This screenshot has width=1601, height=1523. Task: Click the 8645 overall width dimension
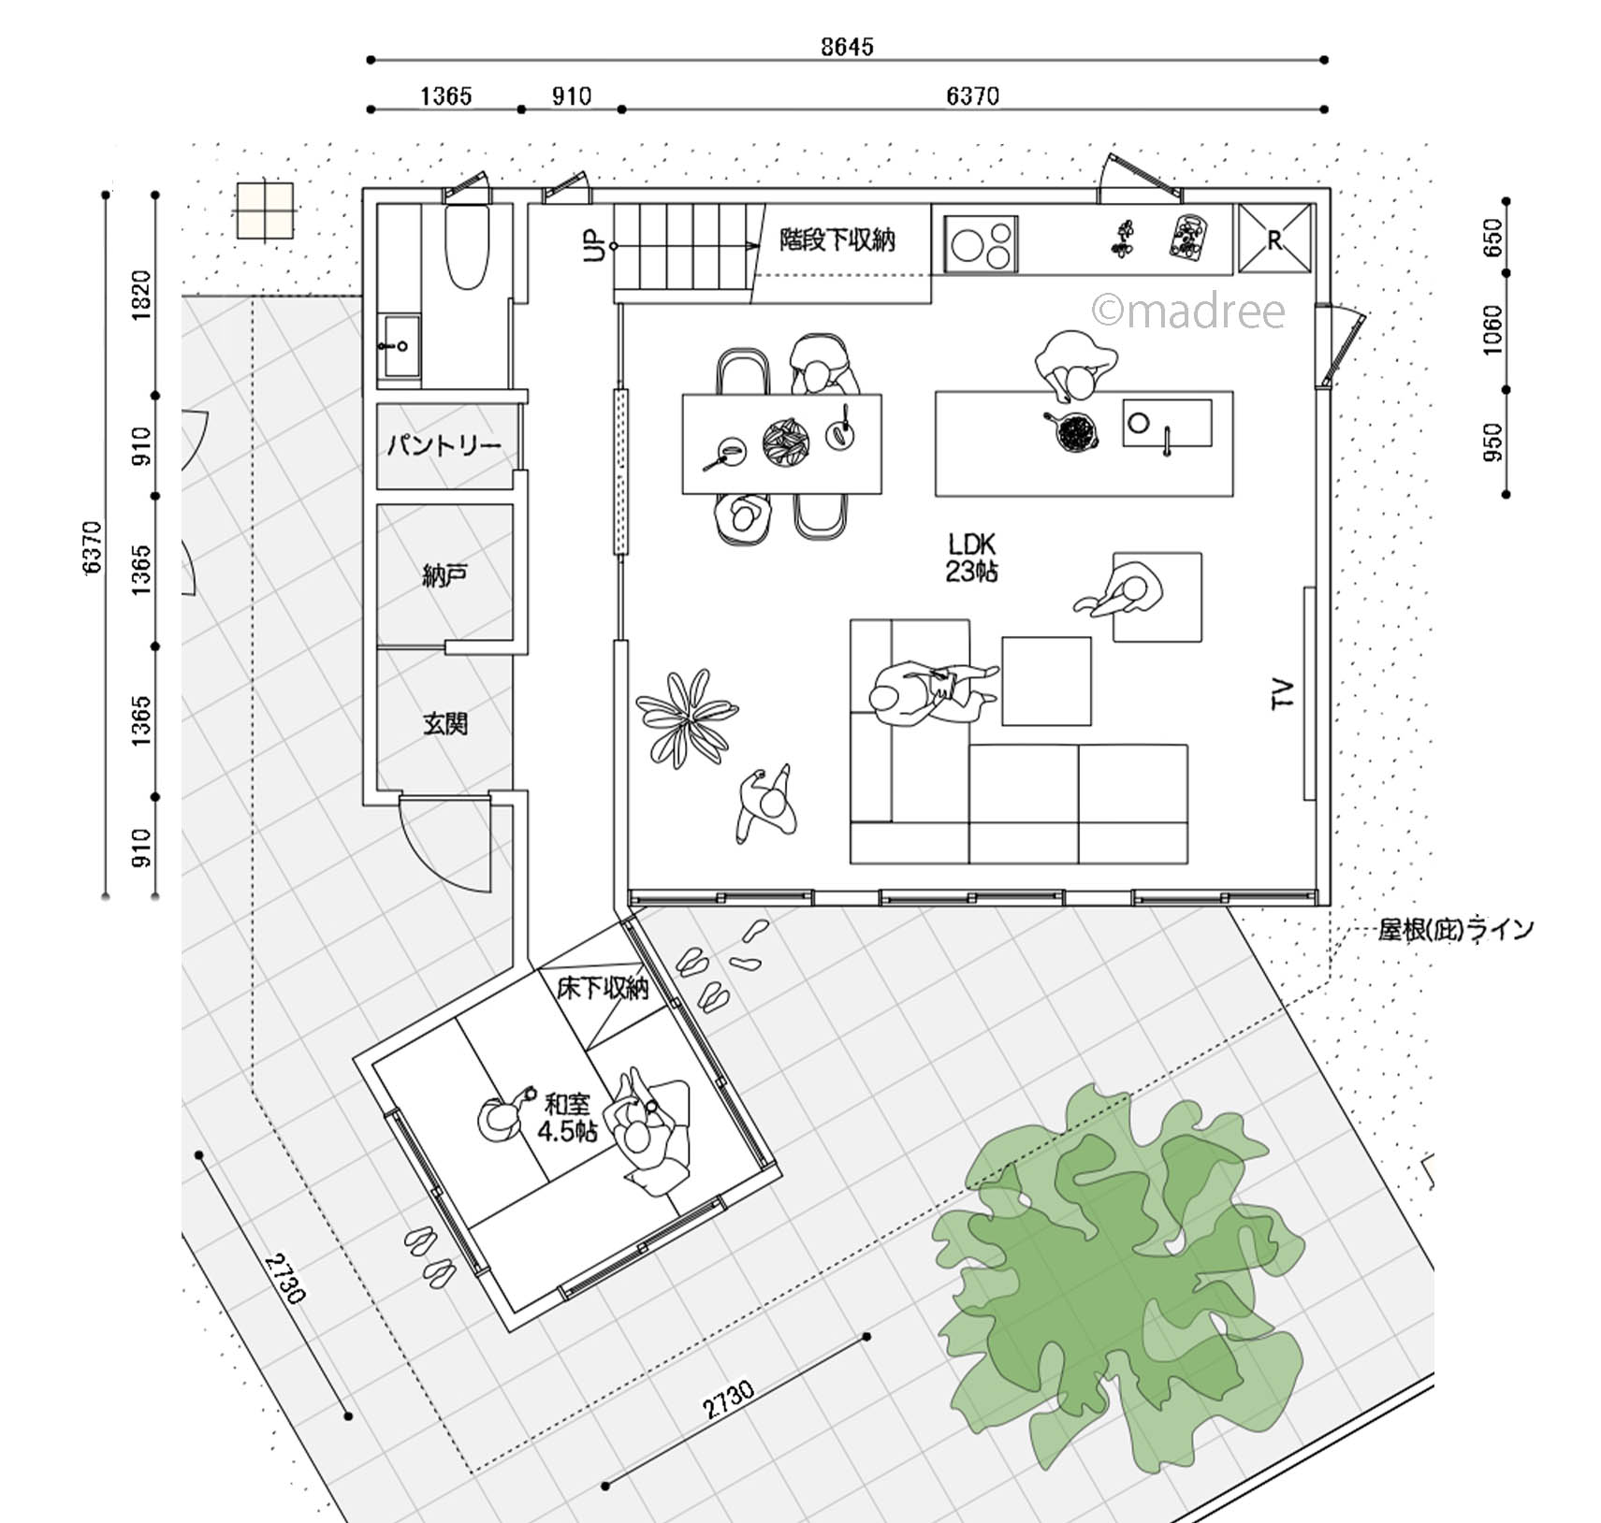(x=847, y=46)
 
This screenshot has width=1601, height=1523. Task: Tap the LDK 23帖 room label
(x=971, y=558)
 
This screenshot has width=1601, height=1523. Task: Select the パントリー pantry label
(x=444, y=445)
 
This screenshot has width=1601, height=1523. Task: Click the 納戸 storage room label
(x=444, y=574)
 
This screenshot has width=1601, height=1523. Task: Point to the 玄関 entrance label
(x=444, y=722)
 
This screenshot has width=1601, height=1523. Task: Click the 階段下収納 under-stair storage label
(x=837, y=240)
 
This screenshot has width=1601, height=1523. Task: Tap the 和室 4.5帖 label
(x=567, y=1117)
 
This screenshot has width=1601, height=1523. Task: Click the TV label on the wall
(x=1283, y=693)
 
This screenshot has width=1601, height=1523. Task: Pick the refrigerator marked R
(x=1274, y=239)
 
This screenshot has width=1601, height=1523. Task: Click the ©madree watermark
(x=1188, y=312)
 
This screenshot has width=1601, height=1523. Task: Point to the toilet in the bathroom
(x=466, y=246)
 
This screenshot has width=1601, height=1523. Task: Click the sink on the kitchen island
(x=1167, y=423)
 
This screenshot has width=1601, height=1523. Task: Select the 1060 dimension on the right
(x=1492, y=329)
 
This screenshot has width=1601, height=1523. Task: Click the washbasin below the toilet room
(x=401, y=345)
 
